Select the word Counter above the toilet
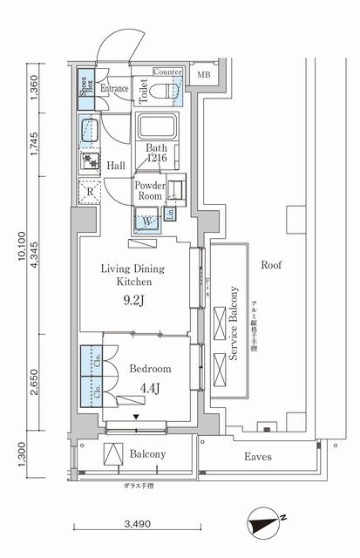click(167, 71)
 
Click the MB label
click(203, 76)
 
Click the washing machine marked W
click(146, 221)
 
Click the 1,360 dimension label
click(33, 87)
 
